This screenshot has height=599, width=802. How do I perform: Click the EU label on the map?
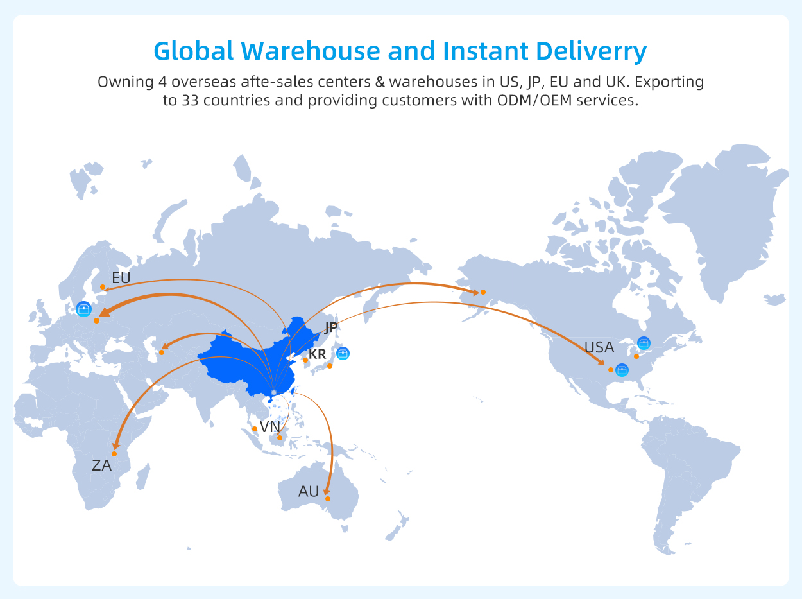(x=121, y=278)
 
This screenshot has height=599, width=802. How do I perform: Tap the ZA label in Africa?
(x=101, y=465)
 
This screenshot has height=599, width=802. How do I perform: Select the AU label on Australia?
(x=309, y=492)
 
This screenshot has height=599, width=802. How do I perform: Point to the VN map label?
(x=270, y=427)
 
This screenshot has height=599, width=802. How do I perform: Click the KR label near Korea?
(x=317, y=354)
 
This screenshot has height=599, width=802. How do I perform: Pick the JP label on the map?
(x=331, y=327)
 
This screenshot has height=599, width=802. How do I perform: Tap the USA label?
(x=599, y=347)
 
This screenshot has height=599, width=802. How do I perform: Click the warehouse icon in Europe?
(x=84, y=309)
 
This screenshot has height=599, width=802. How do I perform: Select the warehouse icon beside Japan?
(x=343, y=353)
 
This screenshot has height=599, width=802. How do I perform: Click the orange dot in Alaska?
(x=483, y=292)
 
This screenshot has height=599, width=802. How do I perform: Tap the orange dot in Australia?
(x=328, y=499)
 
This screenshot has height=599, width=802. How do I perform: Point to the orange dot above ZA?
(x=114, y=454)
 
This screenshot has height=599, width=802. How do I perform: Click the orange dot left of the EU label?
(x=103, y=287)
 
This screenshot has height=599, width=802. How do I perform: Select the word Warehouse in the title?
(x=311, y=51)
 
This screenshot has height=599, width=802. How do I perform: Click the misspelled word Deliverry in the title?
(x=591, y=52)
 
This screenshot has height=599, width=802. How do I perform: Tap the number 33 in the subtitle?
(x=190, y=100)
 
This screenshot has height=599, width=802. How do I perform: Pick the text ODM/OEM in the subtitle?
(x=534, y=100)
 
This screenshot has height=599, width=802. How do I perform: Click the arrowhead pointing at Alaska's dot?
(x=475, y=292)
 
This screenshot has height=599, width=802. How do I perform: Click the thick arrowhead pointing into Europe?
(x=105, y=313)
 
